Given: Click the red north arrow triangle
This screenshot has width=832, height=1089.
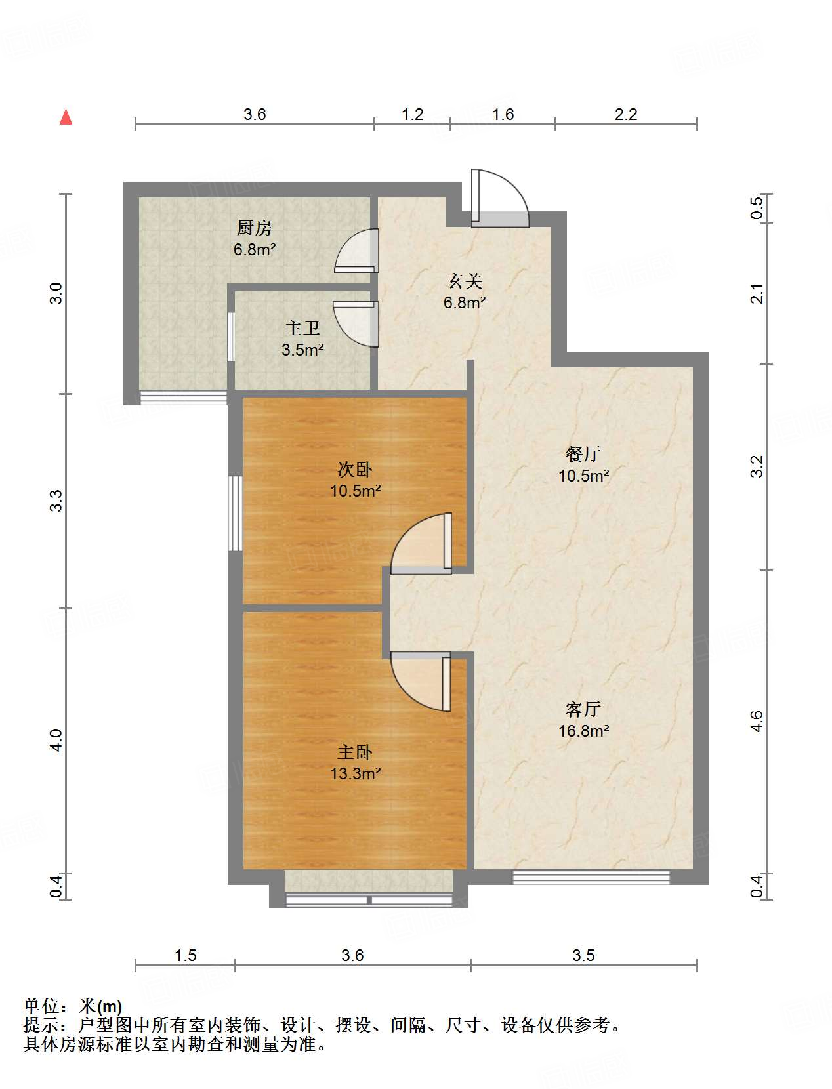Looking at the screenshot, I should tap(66, 117).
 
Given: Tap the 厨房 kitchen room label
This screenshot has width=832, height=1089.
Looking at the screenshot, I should tap(255, 238).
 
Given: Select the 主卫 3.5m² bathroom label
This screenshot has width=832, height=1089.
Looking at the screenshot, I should tap(302, 339).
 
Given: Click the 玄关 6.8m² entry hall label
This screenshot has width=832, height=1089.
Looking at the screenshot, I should tap(465, 291).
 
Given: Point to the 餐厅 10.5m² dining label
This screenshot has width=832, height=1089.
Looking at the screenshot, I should tap(583, 464).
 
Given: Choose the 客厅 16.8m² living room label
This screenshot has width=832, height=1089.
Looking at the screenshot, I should tap(583, 720).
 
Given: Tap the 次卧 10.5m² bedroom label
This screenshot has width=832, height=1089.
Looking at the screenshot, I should tap(355, 480).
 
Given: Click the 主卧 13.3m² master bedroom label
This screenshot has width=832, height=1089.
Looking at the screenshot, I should tap(355, 762).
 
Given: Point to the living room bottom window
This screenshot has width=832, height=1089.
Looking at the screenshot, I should tap(591, 877).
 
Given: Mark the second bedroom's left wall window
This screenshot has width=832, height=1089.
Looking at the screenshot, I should tap(235, 514).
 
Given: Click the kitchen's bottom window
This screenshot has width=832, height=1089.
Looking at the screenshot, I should tap(184, 398).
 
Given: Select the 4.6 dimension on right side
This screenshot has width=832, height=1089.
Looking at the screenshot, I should tap(757, 722).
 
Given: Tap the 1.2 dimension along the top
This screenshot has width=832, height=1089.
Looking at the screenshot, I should tap(412, 115).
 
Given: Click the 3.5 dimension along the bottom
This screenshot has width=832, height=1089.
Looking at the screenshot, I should tap(583, 955).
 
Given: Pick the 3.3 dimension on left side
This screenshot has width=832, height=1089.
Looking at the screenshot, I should tap(57, 501).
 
